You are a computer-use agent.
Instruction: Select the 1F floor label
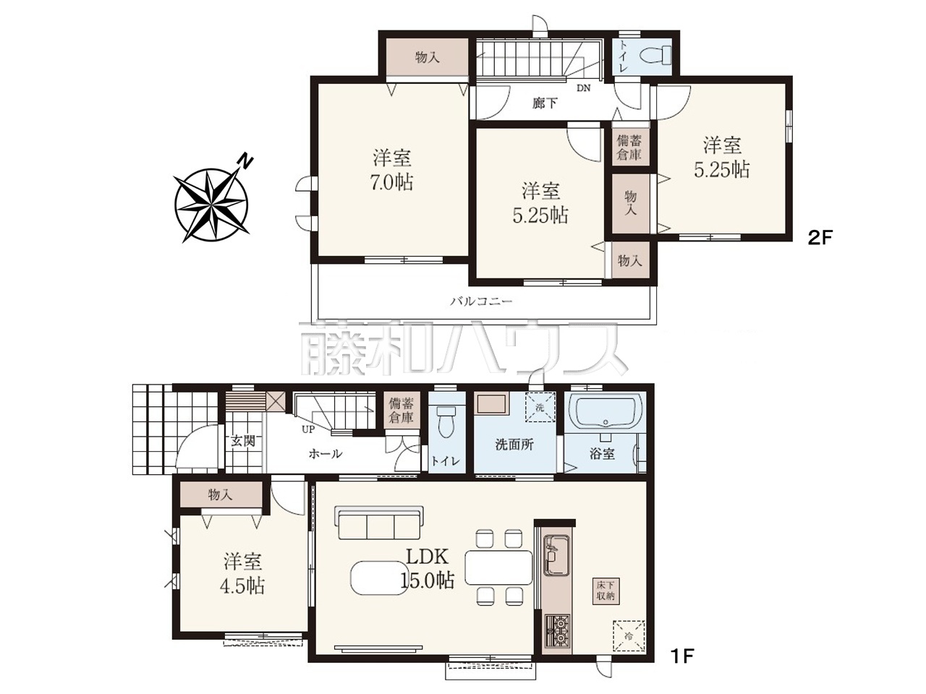click(x=681, y=667)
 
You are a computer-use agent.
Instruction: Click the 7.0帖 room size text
click(x=391, y=183)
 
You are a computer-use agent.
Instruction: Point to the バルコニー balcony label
click(x=481, y=301)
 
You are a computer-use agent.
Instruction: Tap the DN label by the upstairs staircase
click(x=583, y=88)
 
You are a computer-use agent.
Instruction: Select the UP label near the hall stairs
click(x=308, y=429)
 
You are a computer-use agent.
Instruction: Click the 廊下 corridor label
click(x=544, y=103)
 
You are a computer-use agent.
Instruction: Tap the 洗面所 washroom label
click(x=514, y=444)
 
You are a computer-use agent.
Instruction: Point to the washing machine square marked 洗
click(x=540, y=407)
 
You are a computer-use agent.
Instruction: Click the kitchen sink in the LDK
click(x=556, y=554)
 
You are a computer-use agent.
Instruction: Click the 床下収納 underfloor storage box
click(x=606, y=591)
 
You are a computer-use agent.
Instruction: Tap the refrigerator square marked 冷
click(x=628, y=636)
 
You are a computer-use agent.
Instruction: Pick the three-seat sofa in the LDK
click(x=379, y=522)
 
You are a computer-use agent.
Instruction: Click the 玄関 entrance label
click(x=243, y=441)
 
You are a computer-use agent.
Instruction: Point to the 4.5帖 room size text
click(x=243, y=586)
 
